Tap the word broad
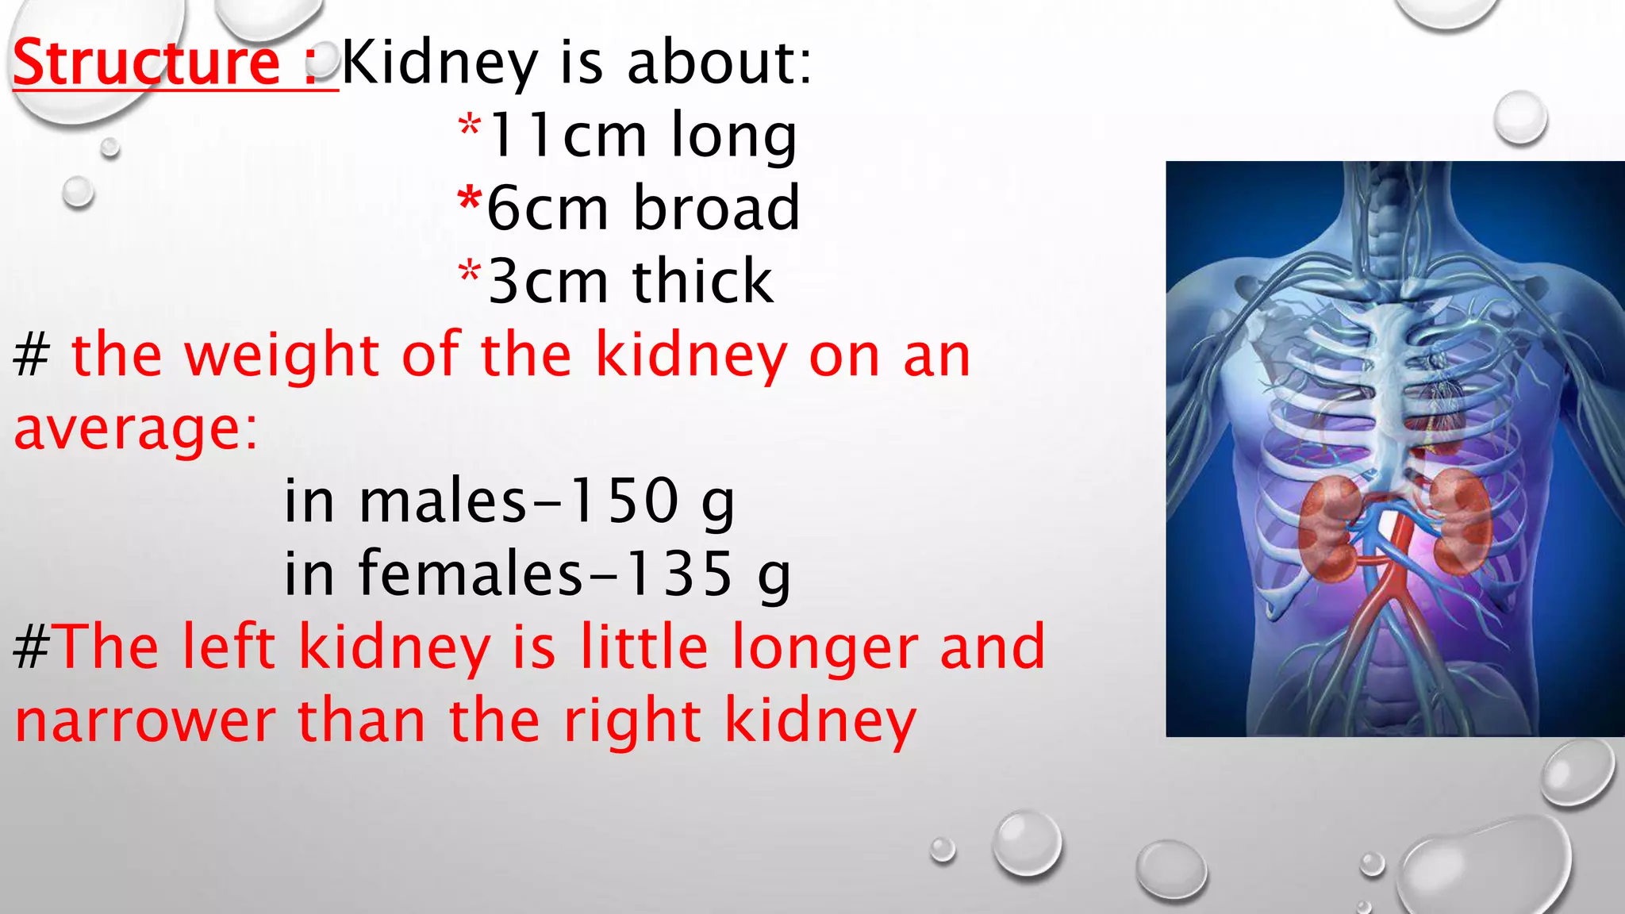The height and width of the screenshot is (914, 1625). (x=716, y=209)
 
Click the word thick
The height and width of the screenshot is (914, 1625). (x=702, y=282)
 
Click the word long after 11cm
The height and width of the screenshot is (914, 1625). (x=733, y=136)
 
